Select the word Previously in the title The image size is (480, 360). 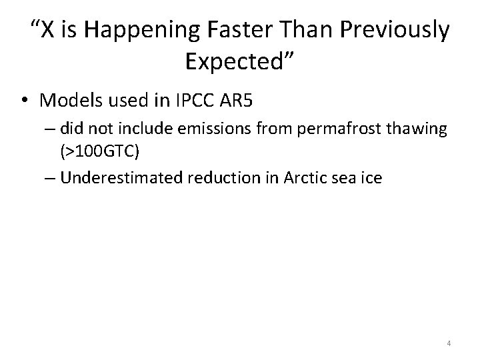click(x=395, y=30)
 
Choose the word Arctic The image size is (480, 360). click(x=304, y=178)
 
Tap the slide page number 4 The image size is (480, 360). click(x=449, y=343)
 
